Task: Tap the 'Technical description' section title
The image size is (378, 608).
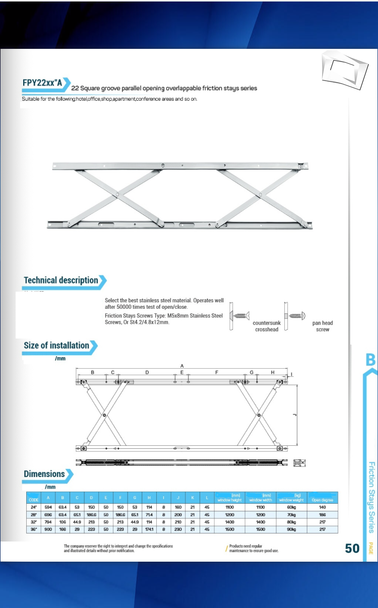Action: [x=61, y=280]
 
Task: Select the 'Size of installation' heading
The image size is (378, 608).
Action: [x=56, y=346]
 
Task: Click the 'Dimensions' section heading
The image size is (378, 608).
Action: [x=44, y=474]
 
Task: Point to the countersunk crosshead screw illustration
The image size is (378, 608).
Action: [x=240, y=316]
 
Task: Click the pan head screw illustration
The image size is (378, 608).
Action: [x=295, y=316]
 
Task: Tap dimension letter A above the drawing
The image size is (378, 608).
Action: [x=182, y=365]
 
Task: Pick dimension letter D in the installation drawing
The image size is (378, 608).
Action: [x=147, y=372]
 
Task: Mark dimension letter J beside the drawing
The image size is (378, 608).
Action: [x=295, y=414]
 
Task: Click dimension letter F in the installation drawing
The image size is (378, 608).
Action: [x=217, y=372]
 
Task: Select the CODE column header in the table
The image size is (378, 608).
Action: [x=34, y=499]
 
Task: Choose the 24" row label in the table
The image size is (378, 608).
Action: [x=34, y=507]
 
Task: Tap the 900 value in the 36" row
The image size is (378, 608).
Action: [x=48, y=529]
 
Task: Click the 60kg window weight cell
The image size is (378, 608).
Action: [x=291, y=507]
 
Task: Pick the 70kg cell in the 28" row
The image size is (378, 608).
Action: [x=291, y=515]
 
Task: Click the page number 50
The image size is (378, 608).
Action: [x=352, y=548]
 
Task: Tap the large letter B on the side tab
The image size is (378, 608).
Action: [x=370, y=360]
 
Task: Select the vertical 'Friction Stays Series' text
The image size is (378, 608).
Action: [x=371, y=497]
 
